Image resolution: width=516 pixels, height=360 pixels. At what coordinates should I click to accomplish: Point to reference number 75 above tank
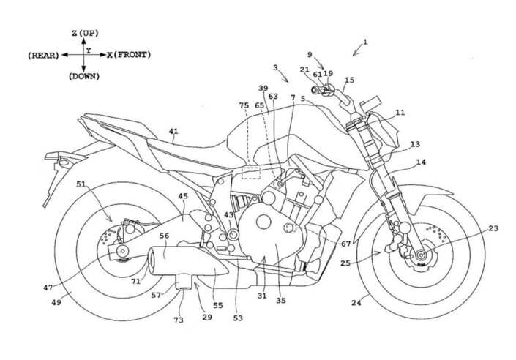point(243,105)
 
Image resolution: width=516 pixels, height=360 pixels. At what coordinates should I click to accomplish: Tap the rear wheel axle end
point(119,254)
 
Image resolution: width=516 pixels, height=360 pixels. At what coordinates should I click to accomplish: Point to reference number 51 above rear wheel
point(81,184)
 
